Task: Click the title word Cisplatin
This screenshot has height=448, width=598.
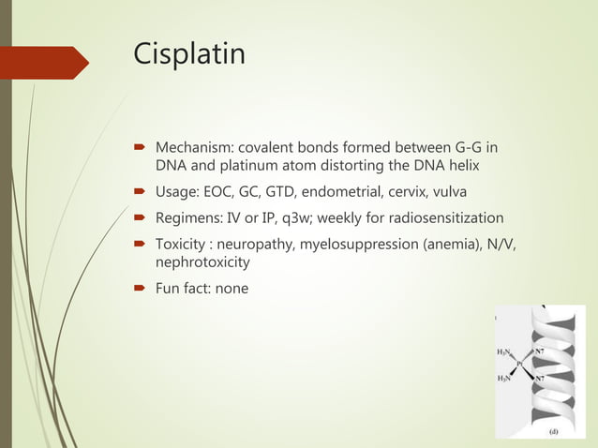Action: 189,53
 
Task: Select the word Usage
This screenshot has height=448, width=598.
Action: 176,192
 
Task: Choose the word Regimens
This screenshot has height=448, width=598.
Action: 187,218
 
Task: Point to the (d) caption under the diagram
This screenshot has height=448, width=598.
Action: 554,433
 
